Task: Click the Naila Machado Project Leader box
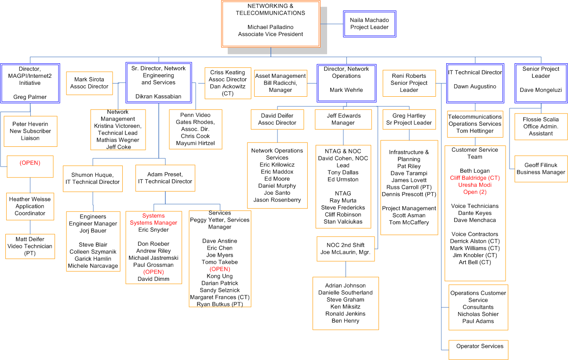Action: tap(369, 24)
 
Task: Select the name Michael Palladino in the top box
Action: tap(270, 27)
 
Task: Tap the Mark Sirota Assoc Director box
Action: tap(89, 83)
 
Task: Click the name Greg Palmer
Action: tap(30, 97)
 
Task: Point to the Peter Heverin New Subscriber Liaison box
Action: tap(30, 131)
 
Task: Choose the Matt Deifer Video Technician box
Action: tap(30, 246)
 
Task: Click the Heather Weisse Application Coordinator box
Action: tap(30, 206)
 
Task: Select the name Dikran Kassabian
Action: tap(158, 96)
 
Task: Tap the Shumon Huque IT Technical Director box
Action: tap(93, 178)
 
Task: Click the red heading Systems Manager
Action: tap(153, 222)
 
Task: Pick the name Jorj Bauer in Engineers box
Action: tap(93, 231)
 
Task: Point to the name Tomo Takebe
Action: tap(219, 262)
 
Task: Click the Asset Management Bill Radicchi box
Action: tap(280, 83)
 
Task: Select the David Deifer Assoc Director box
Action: tap(277, 120)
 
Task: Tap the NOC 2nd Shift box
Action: tap(346, 249)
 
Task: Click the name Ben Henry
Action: tap(346, 321)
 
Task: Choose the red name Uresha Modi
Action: tap(475, 185)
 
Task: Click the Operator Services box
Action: tap(478, 350)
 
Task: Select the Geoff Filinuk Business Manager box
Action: tap(541, 169)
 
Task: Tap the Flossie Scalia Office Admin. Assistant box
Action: tap(541, 127)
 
